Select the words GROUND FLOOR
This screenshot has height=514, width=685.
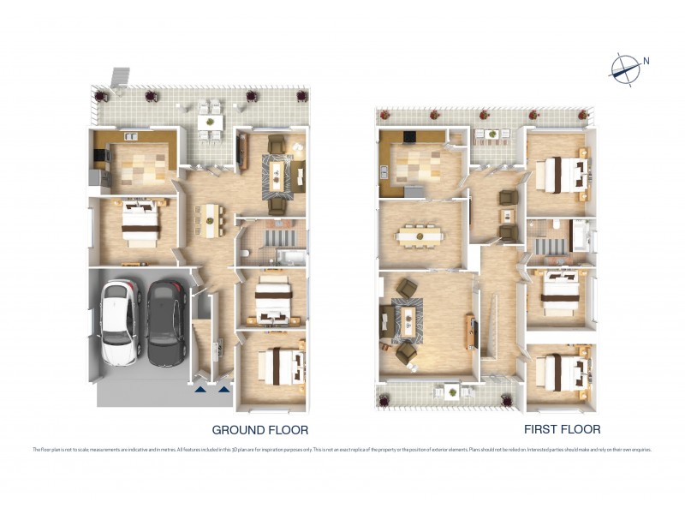(259, 429)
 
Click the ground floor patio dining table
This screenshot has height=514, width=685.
(208, 122)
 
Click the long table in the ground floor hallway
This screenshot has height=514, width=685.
(210, 220)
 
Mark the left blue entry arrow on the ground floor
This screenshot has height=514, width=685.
(200, 389)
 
